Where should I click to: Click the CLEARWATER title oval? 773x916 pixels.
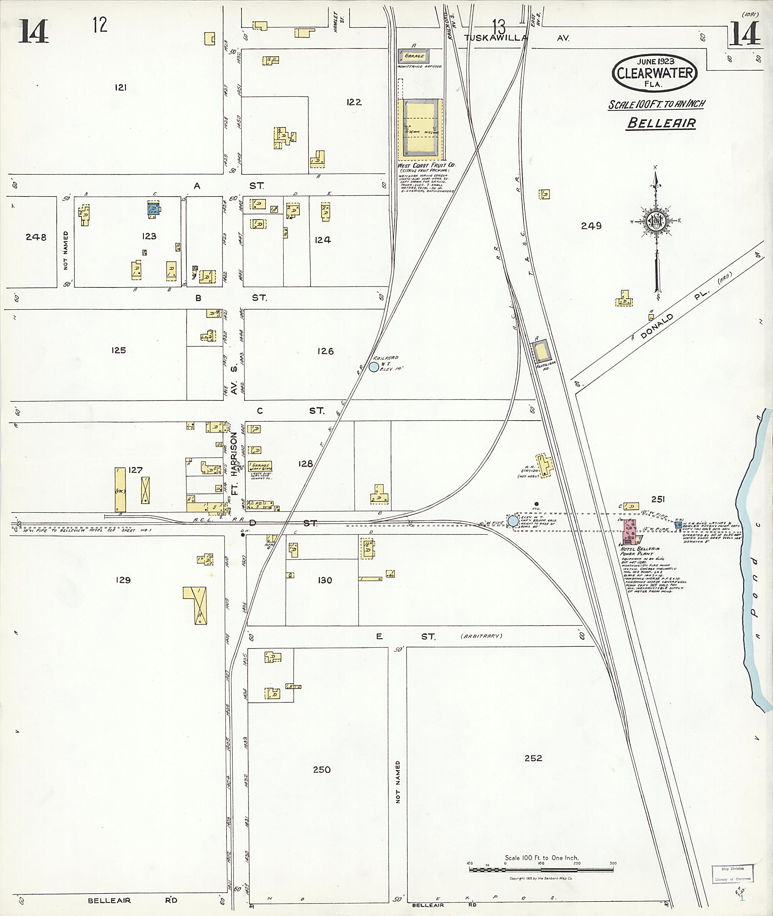pyautogui.click(x=655, y=73)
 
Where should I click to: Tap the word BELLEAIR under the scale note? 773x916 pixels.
pyautogui.click(x=661, y=123)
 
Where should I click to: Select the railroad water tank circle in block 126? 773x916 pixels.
pyautogui.click(x=373, y=367)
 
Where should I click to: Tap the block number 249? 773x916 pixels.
pyautogui.click(x=591, y=226)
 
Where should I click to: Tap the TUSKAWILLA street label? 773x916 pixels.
pyautogui.click(x=495, y=38)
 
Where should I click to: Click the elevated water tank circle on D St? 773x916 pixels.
pyautogui.click(x=513, y=521)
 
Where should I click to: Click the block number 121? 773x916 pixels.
pyautogui.click(x=120, y=87)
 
